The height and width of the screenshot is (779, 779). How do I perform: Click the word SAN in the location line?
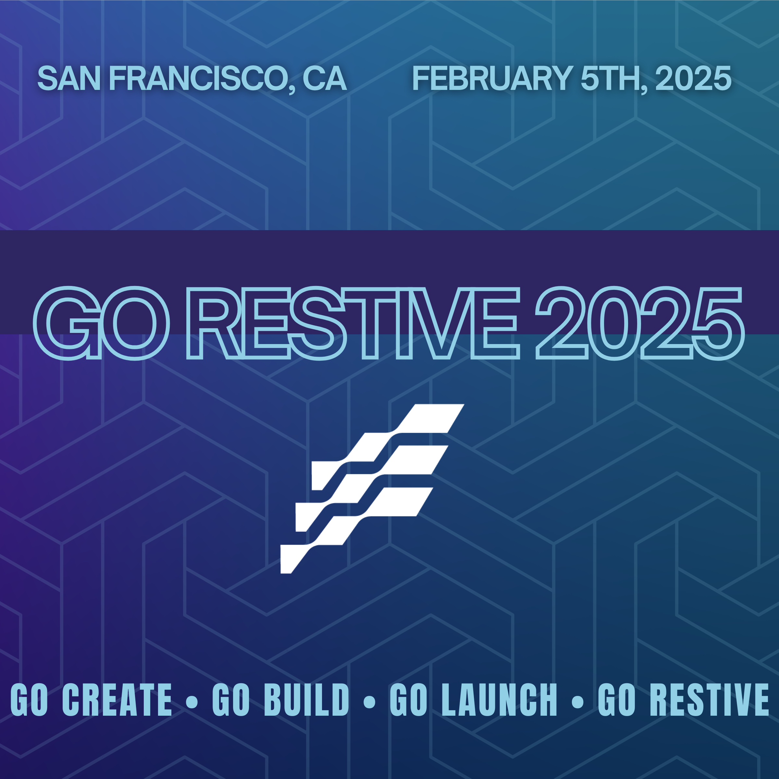click(x=69, y=78)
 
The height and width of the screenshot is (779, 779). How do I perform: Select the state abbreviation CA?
click(x=325, y=78)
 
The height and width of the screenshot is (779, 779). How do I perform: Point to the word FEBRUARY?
click(x=492, y=78)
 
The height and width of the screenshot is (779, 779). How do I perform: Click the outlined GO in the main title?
click(x=101, y=323)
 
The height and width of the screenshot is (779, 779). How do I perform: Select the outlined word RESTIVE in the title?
click(x=353, y=323)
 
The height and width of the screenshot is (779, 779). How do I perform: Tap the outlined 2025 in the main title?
click(x=639, y=323)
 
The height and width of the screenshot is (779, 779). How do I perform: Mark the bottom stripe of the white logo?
click(x=356, y=530)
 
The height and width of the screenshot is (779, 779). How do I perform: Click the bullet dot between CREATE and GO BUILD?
click(x=192, y=701)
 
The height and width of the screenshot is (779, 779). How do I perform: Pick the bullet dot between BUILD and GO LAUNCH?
click(x=369, y=701)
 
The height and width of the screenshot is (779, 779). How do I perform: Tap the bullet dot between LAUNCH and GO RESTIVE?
click(x=577, y=701)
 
